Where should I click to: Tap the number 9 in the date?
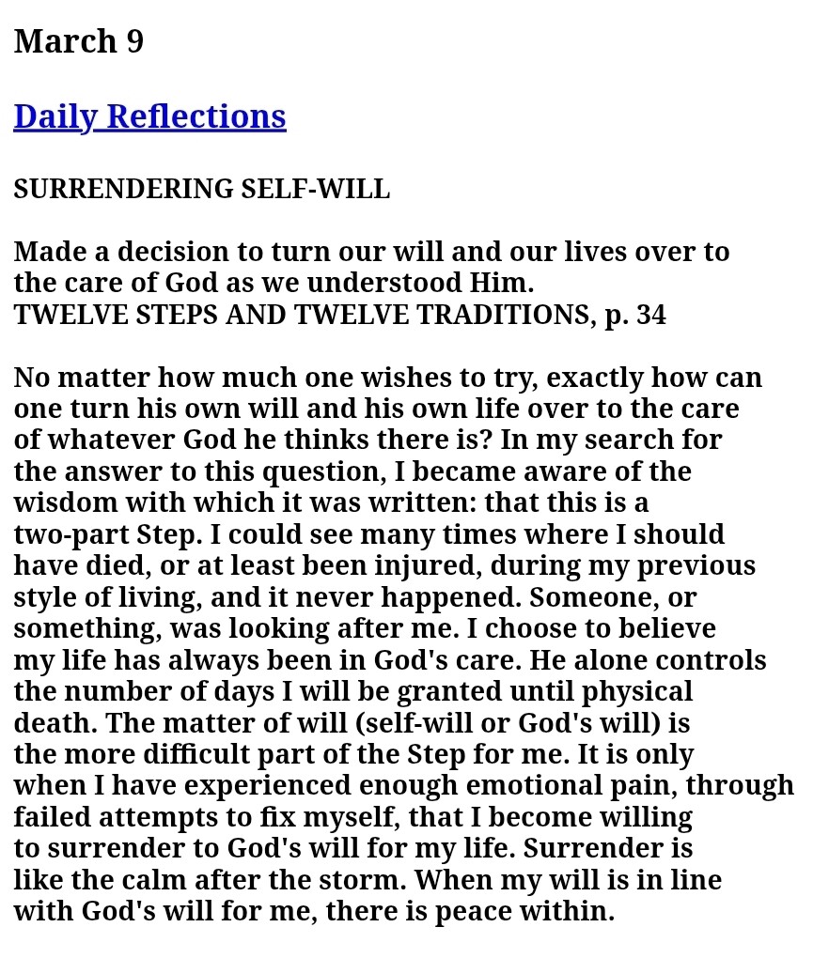[134, 41]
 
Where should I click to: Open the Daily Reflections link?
[149, 116]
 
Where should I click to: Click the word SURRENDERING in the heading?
[123, 189]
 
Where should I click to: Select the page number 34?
[650, 315]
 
